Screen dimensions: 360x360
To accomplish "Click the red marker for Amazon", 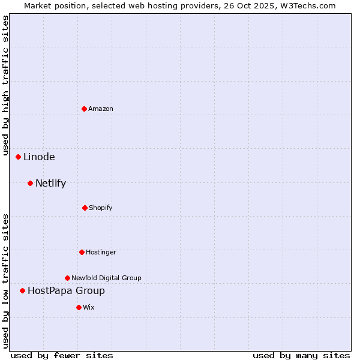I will [84, 109].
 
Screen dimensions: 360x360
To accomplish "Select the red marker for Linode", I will [18, 157].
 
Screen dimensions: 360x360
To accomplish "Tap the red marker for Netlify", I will [30, 183].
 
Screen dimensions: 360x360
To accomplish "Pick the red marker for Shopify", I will [85, 208].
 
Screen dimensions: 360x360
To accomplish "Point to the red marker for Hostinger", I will [82, 252].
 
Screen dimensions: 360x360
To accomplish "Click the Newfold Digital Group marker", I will [67, 278].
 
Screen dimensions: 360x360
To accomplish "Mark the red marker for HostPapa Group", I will [22, 290].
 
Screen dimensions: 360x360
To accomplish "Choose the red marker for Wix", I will [79, 307].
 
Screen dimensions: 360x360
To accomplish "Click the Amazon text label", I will [101, 109].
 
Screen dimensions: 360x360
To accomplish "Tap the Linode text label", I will [39, 157].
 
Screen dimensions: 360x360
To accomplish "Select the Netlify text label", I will [50, 184].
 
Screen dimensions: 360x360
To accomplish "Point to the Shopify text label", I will [101, 208].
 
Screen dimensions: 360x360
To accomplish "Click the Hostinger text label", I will [101, 252].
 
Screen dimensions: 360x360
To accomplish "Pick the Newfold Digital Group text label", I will [106, 278].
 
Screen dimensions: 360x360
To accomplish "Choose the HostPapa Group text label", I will [66, 291].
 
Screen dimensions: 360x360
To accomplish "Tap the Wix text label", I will [89, 307].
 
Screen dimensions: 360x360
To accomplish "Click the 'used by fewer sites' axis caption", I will [62, 355].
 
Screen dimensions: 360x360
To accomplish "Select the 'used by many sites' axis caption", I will [301, 355].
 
